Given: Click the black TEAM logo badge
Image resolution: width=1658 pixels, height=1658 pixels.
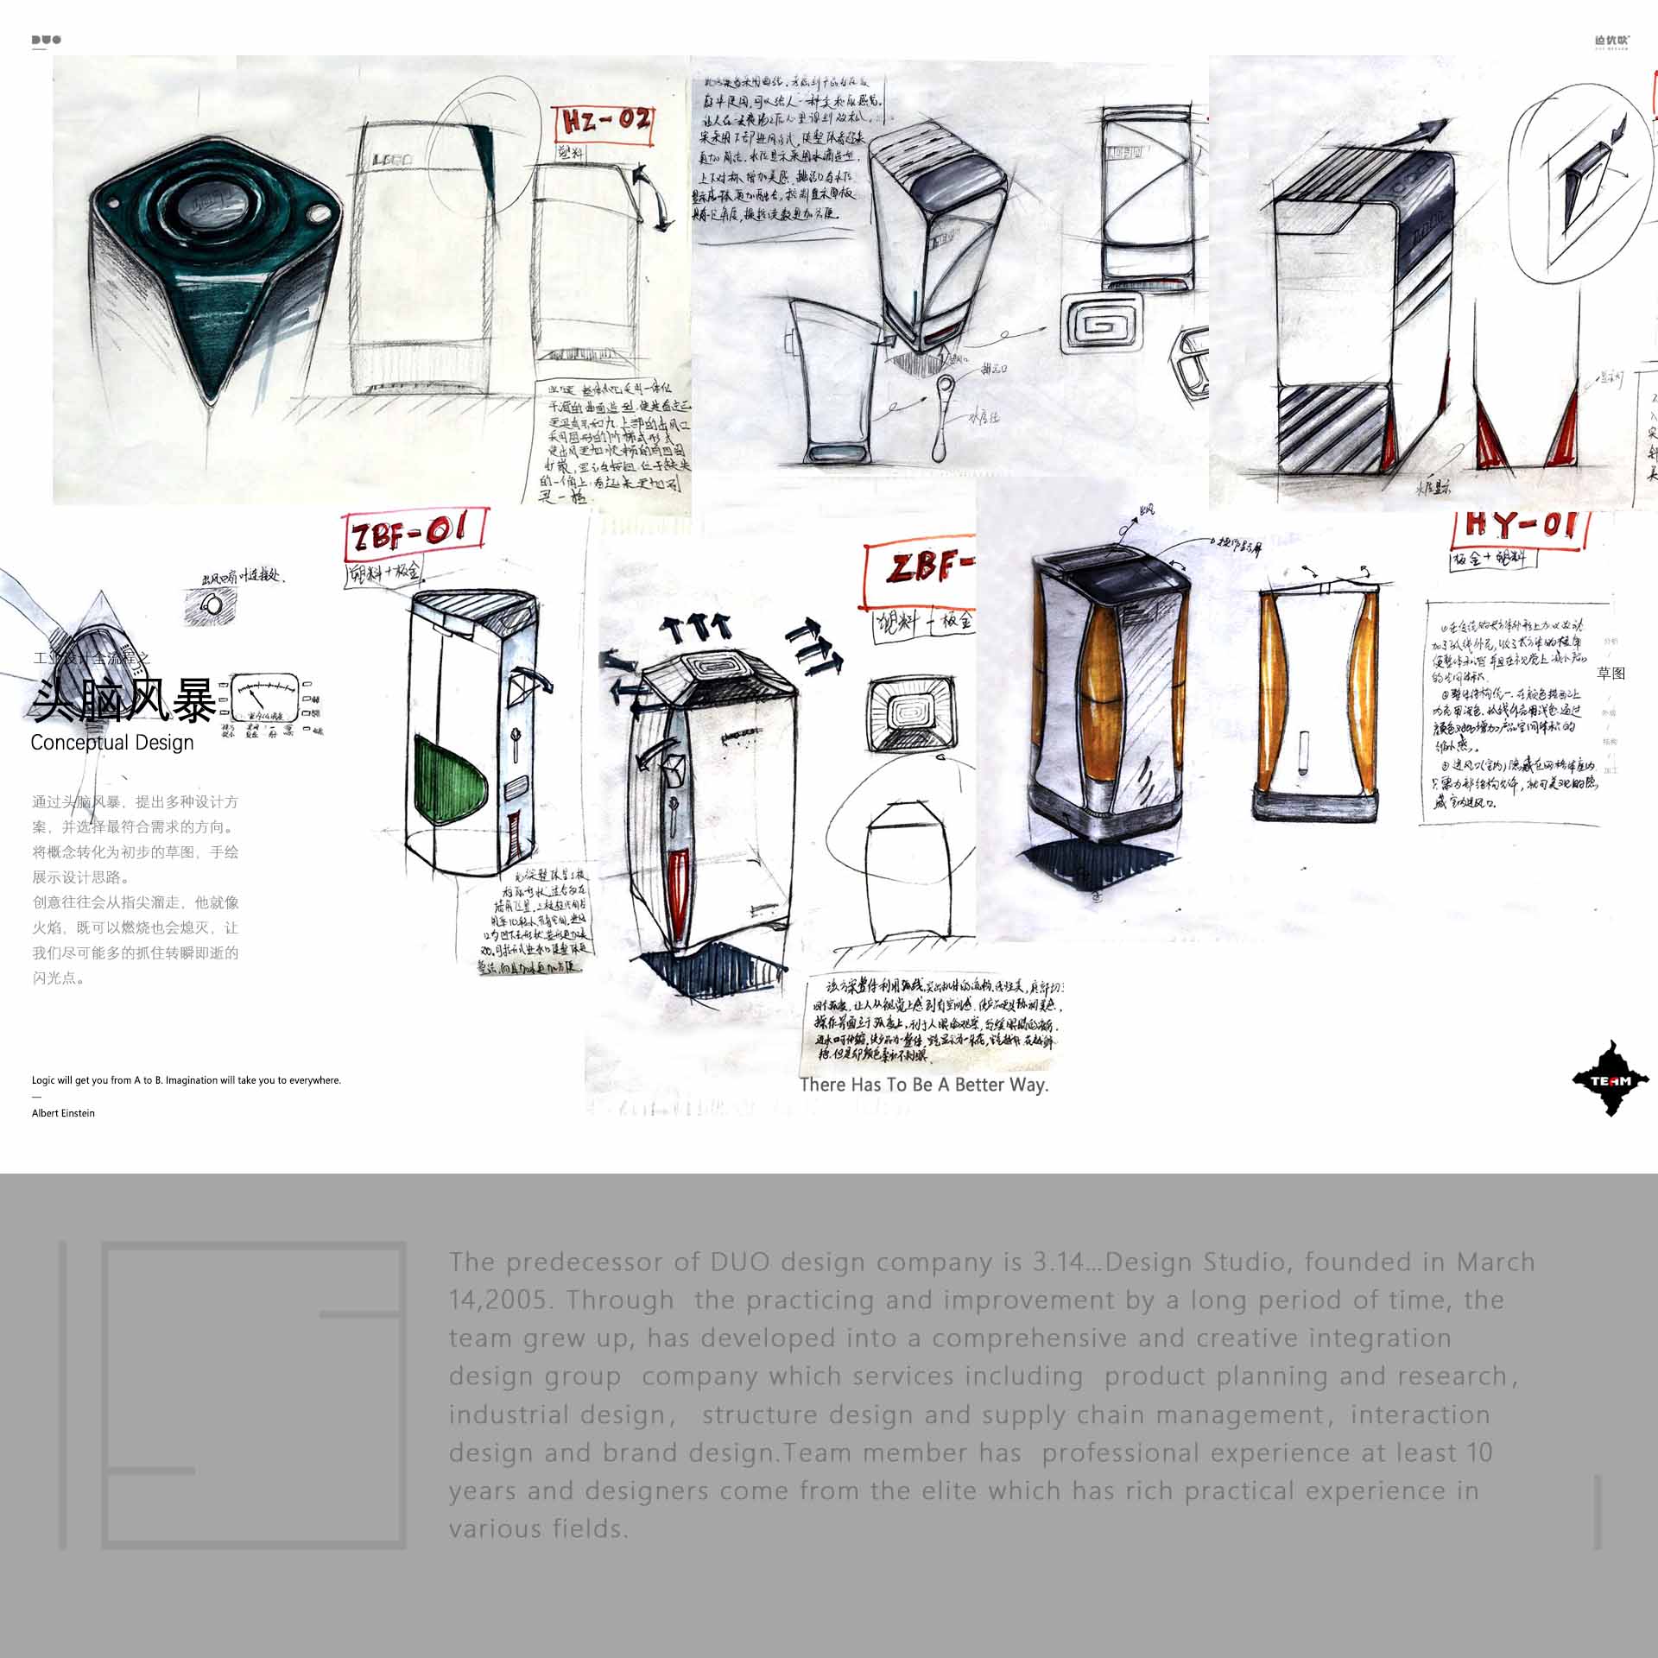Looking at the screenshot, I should (x=1611, y=1079).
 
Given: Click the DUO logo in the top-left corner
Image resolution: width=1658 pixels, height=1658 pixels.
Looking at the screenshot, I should (x=46, y=40).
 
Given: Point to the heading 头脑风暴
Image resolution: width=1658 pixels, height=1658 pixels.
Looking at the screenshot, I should (x=124, y=699).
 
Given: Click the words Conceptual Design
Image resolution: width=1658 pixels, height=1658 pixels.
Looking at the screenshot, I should (x=112, y=743).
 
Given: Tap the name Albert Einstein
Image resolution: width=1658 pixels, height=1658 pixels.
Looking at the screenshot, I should (x=63, y=1113).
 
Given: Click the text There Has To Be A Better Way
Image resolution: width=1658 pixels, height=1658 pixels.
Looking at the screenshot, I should (x=924, y=1085).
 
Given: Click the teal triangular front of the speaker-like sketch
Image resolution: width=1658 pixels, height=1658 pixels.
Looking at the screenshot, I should (x=213, y=328).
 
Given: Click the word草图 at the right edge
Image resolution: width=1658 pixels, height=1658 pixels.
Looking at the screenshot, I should (x=1611, y=674).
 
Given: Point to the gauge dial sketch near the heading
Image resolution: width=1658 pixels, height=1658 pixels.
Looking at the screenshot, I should (x=264, y=698).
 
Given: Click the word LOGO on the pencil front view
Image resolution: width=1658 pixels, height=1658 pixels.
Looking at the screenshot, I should (x=393, y=160).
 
